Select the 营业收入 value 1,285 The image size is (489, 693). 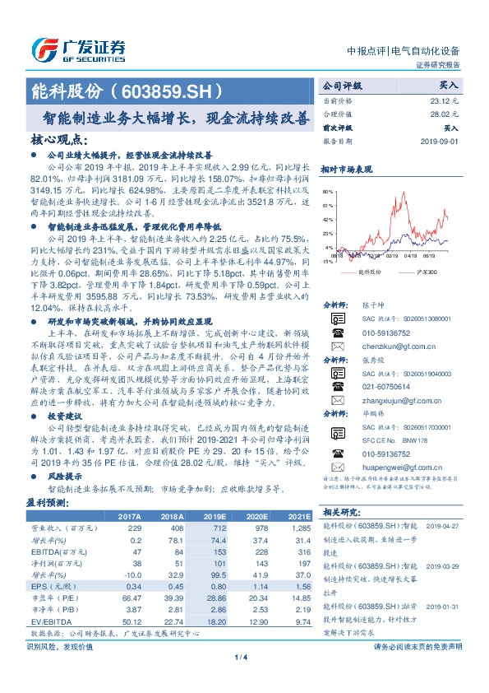[x=298, y=527]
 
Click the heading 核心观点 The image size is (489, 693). [x=58, y=141]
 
